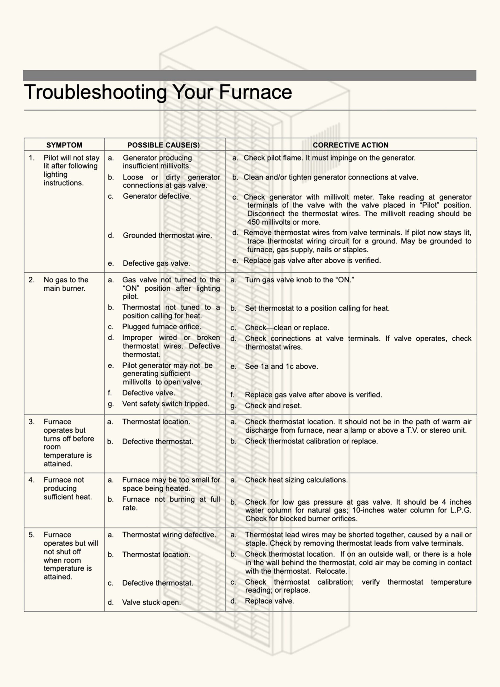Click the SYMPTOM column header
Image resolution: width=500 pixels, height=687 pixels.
64,145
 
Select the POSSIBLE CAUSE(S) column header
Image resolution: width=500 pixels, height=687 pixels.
164,145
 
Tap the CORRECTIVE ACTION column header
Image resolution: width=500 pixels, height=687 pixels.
351,145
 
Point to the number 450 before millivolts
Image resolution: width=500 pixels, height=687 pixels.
253,222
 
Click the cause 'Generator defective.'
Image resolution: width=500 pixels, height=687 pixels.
157,196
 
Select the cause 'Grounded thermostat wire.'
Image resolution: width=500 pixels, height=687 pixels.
167,235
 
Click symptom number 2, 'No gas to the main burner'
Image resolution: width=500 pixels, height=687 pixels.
66,284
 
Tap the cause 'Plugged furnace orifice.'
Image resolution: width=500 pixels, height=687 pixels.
161,327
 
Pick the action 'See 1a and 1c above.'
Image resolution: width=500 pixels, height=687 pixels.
281,367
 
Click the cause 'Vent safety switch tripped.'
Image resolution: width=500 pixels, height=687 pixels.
165,404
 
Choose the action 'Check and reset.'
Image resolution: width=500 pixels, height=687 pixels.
273,406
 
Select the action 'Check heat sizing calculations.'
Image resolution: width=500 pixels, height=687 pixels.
296,480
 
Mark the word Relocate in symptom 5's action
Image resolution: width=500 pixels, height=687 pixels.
331,571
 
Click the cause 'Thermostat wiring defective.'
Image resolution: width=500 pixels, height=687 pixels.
169,535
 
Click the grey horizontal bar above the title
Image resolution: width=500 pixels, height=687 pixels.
250,75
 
